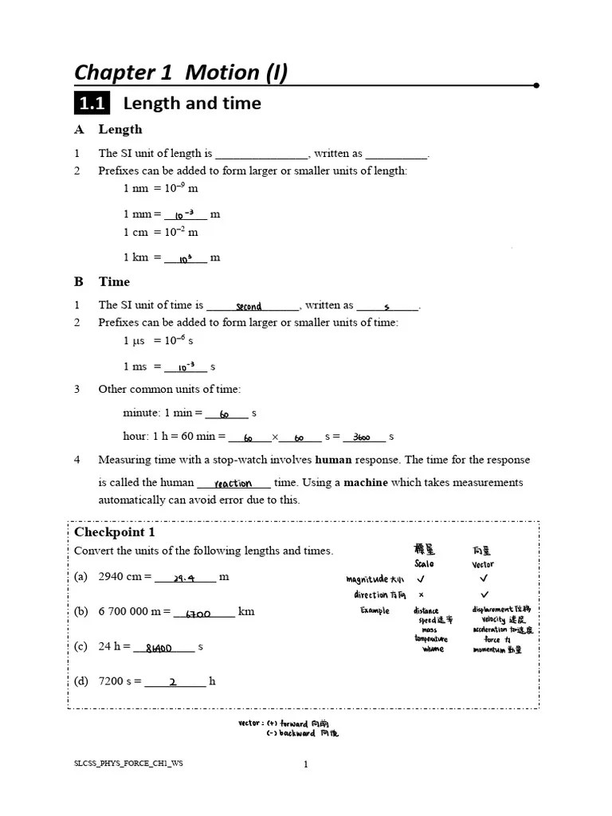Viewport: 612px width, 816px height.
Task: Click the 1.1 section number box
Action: (x=92, y=104)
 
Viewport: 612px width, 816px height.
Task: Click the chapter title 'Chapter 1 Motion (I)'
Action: (x=181, y=73)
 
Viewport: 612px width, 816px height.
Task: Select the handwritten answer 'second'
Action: (x=249, y=306)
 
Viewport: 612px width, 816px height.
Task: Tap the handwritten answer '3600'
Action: (x=366, y=437)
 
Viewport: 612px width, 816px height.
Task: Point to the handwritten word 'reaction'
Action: (x=233, y=483)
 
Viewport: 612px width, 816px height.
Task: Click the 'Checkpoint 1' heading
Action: (x=115, y=532)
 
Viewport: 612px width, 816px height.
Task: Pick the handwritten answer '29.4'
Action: (x=184, y=579)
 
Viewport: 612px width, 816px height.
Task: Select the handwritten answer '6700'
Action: (x=198, y=614)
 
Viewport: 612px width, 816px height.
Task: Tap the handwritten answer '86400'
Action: (x=160, y=649)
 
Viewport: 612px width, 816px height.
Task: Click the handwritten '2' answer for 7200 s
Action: (x=173, y=682)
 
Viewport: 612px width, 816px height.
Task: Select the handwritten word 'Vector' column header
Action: (x=483, y=564)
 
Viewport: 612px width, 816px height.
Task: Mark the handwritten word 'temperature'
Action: (x=430, y=639)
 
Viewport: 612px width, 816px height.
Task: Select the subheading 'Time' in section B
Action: (x=114, y=282)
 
